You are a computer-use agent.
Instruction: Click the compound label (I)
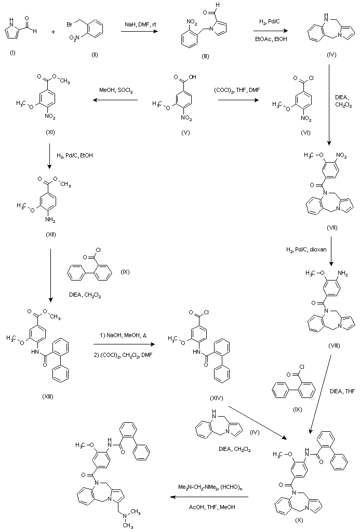point(12,52)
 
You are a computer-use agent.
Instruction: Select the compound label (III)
point(205,56)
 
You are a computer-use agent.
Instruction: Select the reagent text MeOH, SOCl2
point(116,91)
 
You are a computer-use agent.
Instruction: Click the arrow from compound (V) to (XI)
point(115,101)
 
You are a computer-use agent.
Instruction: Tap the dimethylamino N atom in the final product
point(125,516)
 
